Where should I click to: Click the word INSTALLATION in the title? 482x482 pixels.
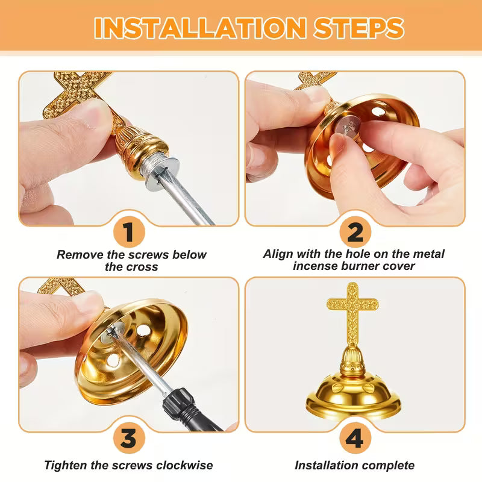pos(200,28)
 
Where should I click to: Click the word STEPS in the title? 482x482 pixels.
pos(358,28)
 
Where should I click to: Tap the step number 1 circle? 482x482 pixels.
pos(129,231)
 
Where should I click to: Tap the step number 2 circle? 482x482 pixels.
pos(355,232)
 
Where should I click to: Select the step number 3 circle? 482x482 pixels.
pos(129,437)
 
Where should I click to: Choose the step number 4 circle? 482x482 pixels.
pos(355,438)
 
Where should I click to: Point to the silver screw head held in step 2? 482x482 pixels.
pos(348,127)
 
